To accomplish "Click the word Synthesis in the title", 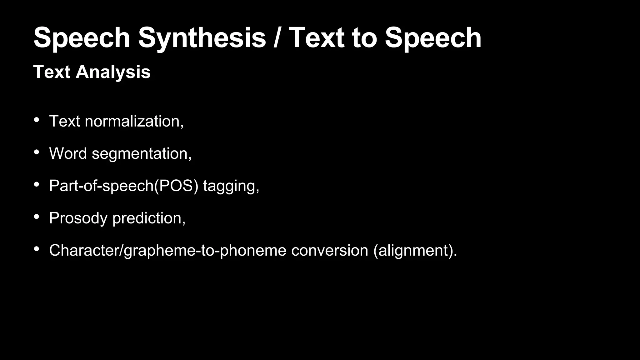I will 202,38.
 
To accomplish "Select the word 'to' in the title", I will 364,38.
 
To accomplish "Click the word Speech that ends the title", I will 433,38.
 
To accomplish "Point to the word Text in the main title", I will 317,38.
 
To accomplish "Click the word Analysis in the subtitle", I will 113,72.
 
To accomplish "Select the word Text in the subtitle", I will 52,72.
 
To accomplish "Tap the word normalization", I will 134,121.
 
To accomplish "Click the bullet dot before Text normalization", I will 37,120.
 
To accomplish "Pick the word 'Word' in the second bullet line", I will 68,153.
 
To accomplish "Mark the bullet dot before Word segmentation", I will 37,152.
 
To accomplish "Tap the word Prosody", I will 78,218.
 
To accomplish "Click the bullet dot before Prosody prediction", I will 37,216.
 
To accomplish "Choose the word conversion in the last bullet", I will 330,250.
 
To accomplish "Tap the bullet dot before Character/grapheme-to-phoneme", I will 37,249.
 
